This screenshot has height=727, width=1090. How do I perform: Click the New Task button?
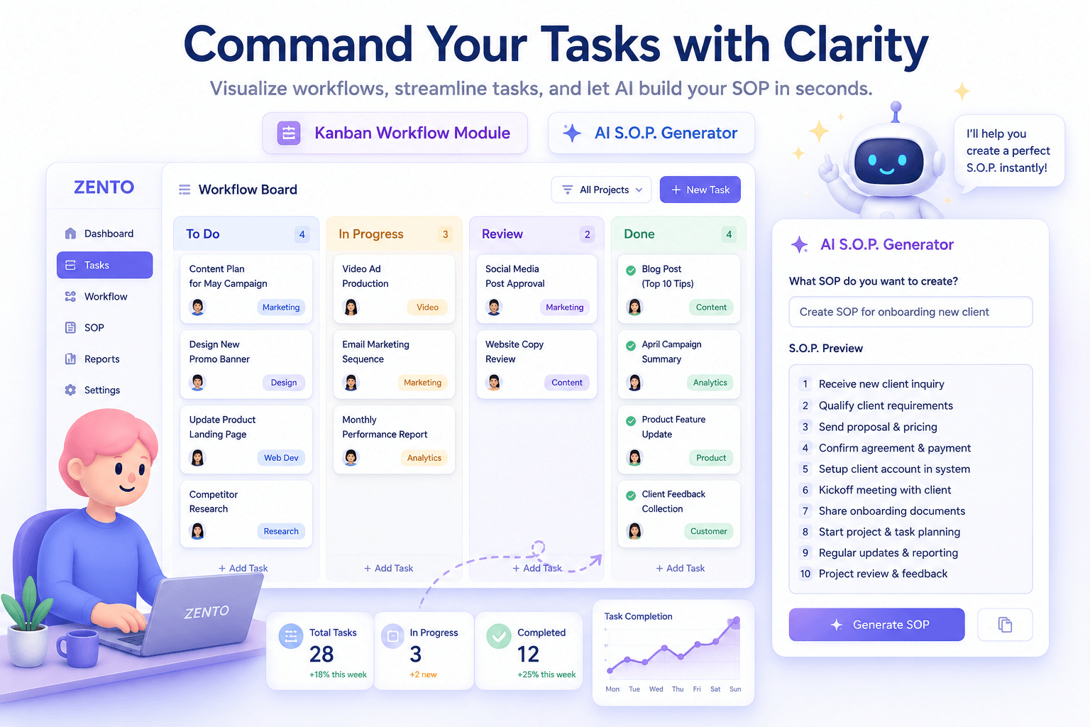click(700, 190)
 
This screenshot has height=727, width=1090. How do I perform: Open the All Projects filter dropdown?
click(602, 190)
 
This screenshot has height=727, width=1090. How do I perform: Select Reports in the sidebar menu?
click(101, 359)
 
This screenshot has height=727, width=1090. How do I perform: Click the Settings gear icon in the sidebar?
click(70, 390)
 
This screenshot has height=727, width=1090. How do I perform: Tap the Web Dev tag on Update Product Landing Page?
click(281, 458)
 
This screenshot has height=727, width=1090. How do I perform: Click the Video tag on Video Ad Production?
click(427, 307)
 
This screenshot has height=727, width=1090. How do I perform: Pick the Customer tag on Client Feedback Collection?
click(708, 531)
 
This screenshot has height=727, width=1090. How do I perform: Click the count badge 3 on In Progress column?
click(445, 234)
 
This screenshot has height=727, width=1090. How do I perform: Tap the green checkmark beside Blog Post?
click(631, 270)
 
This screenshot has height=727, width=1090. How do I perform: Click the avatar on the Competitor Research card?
click(197, 531)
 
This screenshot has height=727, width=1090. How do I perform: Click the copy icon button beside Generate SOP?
click(1005, 624)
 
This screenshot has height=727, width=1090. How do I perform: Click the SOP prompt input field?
click(910, 312)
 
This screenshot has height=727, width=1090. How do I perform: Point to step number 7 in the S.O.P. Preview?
click(805, 510)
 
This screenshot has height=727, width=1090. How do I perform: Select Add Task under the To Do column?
click(243, 568)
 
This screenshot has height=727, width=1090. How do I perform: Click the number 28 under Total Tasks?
click(321, 654)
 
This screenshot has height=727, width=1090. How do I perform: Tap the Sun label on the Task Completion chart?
click(735, 689)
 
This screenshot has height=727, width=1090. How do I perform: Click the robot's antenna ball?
click(896, 106)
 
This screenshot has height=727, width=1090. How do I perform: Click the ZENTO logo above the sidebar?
click(104, 187)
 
